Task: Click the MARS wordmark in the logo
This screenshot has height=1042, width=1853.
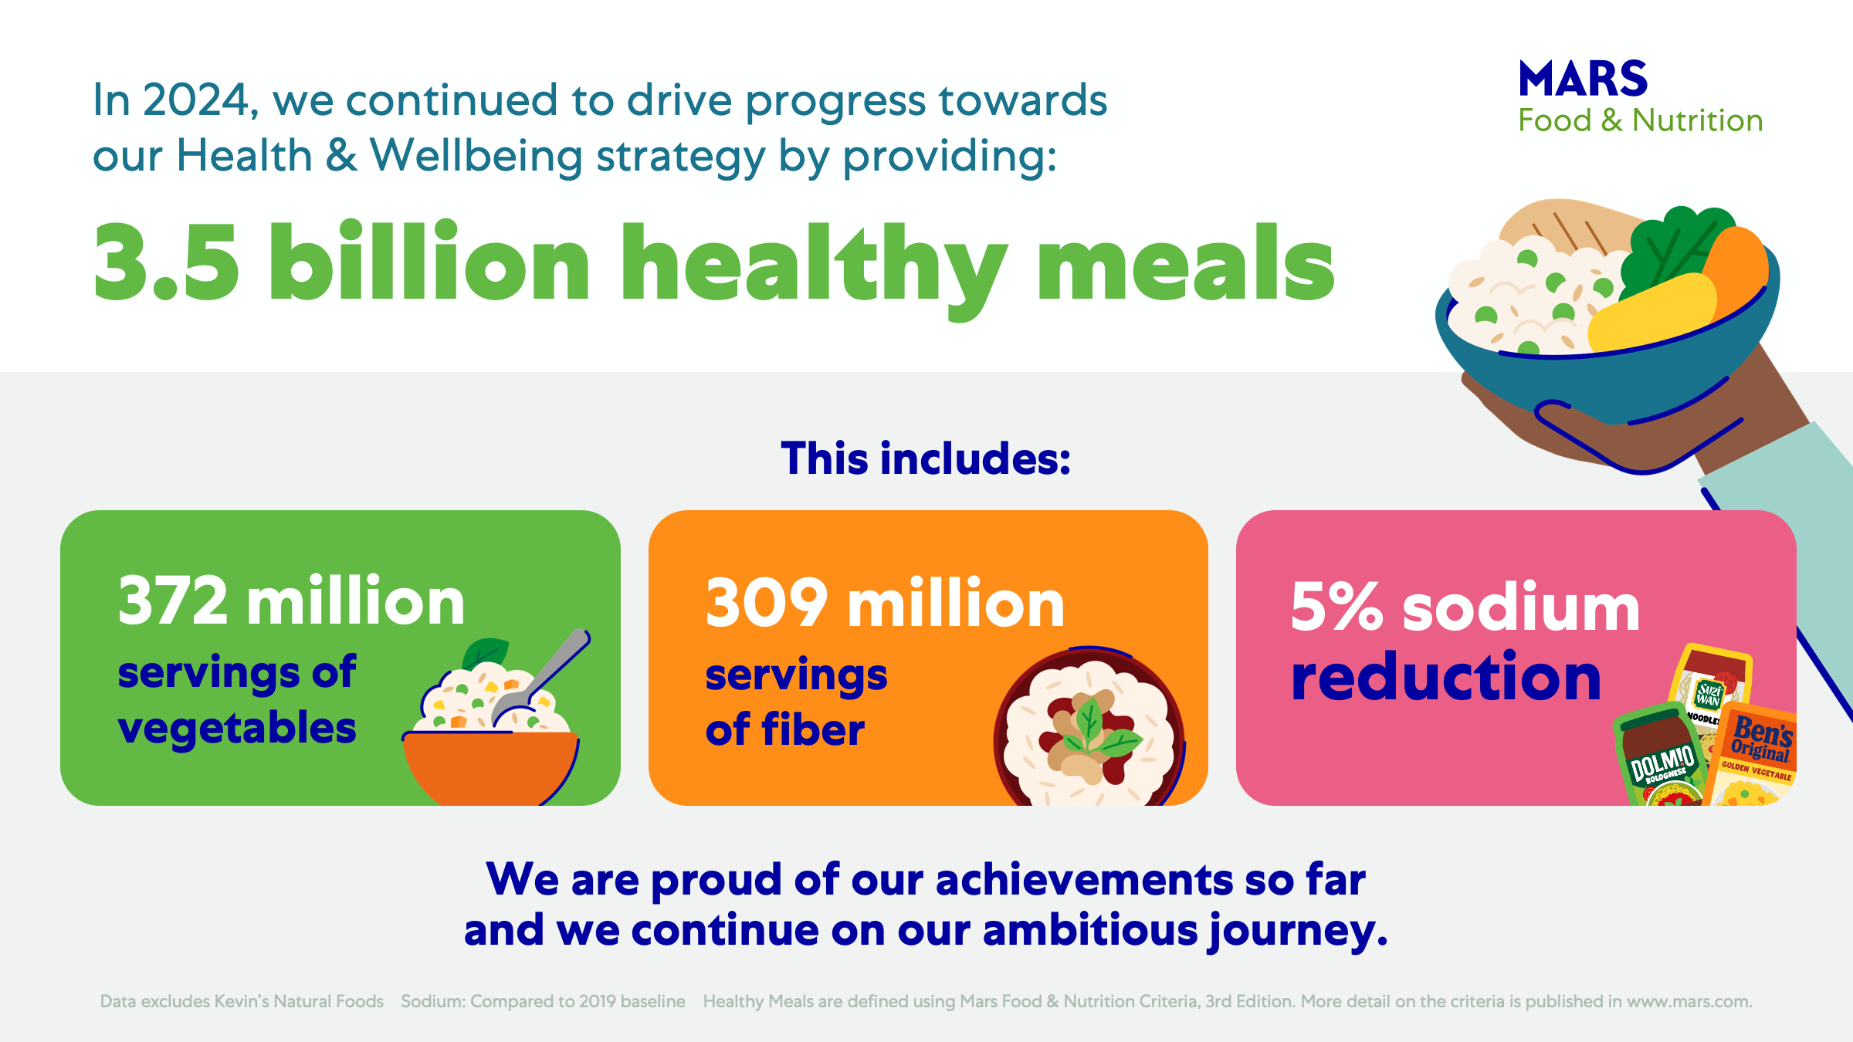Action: (x=1583, y=79)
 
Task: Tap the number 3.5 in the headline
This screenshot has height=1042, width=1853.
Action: (x=166, y=262)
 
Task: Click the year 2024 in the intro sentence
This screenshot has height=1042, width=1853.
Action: (x=195, y=100)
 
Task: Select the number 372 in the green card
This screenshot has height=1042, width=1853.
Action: (x=173, y=601)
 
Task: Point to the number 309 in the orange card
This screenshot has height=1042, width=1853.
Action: (x=766, y=604)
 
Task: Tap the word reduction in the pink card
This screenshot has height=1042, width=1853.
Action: (x=1446, y=677)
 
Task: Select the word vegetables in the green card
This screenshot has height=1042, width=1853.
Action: (x=237, y=729)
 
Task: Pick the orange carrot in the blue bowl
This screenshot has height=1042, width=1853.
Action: (x=1737, y=266)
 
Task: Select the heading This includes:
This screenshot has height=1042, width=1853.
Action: (x=926, y=458)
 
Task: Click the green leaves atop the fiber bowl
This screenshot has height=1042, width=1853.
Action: (x=1096, y=729)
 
